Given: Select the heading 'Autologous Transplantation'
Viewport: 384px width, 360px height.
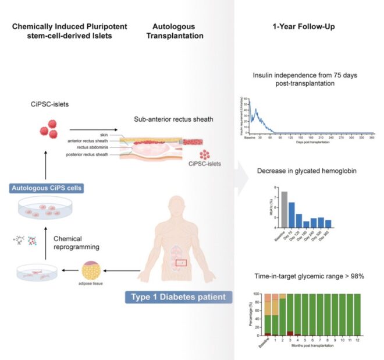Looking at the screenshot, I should pyautogui.click(x=176, y=31).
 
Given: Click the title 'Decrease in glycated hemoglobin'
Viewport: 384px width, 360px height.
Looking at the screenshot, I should pyautogui.click(x=302, y=173).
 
